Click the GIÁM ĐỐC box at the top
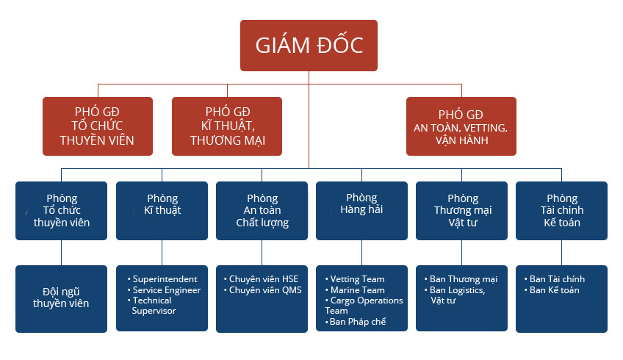click(x=309, y=46)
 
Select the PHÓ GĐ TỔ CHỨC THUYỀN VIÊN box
click(x=98, y=126)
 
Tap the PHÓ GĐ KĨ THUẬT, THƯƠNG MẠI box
click(x=227, y=126)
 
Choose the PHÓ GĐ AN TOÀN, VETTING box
click(x=461, y=126)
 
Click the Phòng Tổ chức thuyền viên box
click(x=61, y=211)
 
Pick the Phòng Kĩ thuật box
click(x=162, y=211)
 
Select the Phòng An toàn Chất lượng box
click(x=262, y=211)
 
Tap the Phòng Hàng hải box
click(x=361, y=211)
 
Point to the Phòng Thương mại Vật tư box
click(x=461, y=211)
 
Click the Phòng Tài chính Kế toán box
click(x=561, y=211)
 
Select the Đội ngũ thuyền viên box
click(x=61, y=299)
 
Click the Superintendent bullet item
click(x=162, y=279)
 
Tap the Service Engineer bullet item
click(x=164, y=290)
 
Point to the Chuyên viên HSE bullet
click(x=261, y=279)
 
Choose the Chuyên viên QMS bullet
click(x=262, y=290)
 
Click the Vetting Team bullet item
click(x=355, y=279)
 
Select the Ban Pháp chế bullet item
click(x=356, y=322)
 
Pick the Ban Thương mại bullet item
click(x=461, y=279)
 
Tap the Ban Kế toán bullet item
click(x=552, y=290)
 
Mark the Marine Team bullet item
click(x=355, y=290)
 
